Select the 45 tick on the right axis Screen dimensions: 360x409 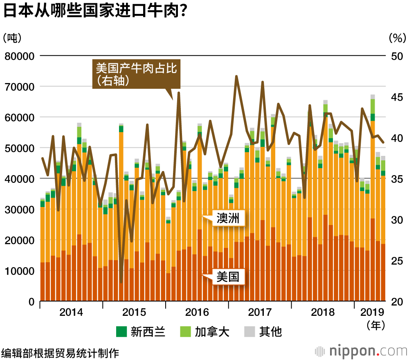396,97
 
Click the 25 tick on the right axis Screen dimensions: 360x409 396,261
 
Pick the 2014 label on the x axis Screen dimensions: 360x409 71,313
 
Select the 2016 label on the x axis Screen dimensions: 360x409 197,313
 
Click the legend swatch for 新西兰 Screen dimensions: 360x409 121,331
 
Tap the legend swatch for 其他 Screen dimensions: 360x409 249,331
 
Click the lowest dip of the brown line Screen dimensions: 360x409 121,282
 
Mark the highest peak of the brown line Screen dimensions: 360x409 236,76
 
